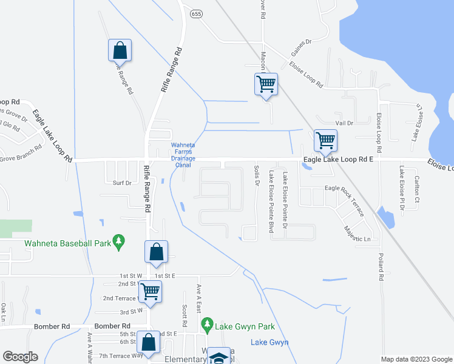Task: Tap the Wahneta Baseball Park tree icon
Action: pyautogui.click(x=119, y=241)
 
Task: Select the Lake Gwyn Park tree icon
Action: pyautogui.click(x=208, y=326)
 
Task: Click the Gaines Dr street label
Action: pyautogui.click(x=300, y=42)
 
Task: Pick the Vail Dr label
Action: pyautogui.click(x=344, y=123)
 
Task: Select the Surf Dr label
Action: pyautogui.click(x=122, y=182)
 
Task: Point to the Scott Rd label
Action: pyautogui.click(x=184, y=313)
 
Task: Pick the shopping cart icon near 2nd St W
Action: pyautogui.click(x=150, y=291)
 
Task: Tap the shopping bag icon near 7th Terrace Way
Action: pyautogui.click(x=149, y=342)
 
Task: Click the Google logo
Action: pyautogui.click(x=20, y=356)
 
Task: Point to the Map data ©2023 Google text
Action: pyautogui.click(x=416, y=359)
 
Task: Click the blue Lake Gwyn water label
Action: pyautogui.click(x=269, y=342)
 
